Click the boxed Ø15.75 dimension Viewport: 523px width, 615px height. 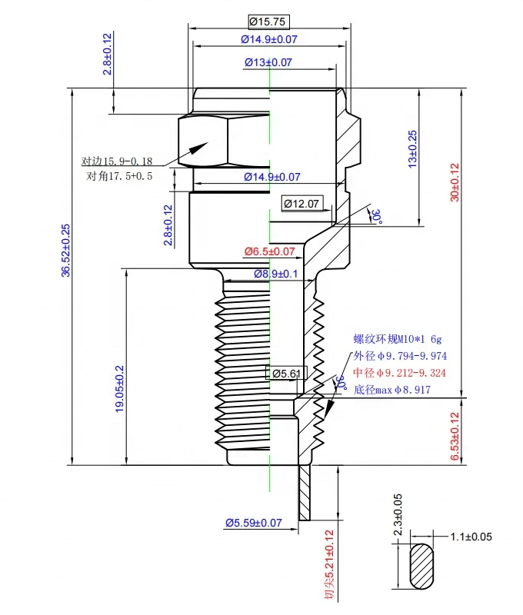coord(268,22)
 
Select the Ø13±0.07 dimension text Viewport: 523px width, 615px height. coord(268,62)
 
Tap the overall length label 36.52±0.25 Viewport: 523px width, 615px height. coord(65,251)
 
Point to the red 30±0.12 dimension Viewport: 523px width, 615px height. coord(455,182)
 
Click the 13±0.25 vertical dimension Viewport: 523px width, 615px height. coord(413,149)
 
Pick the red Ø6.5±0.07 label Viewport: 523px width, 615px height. coord(269,251)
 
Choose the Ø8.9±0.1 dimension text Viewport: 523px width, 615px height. coord(276,274)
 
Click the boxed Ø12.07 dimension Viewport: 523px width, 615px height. coord(301,204)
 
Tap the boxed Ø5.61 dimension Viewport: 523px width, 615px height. coord(286,374)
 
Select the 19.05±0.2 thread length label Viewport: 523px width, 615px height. coord(119,389)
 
